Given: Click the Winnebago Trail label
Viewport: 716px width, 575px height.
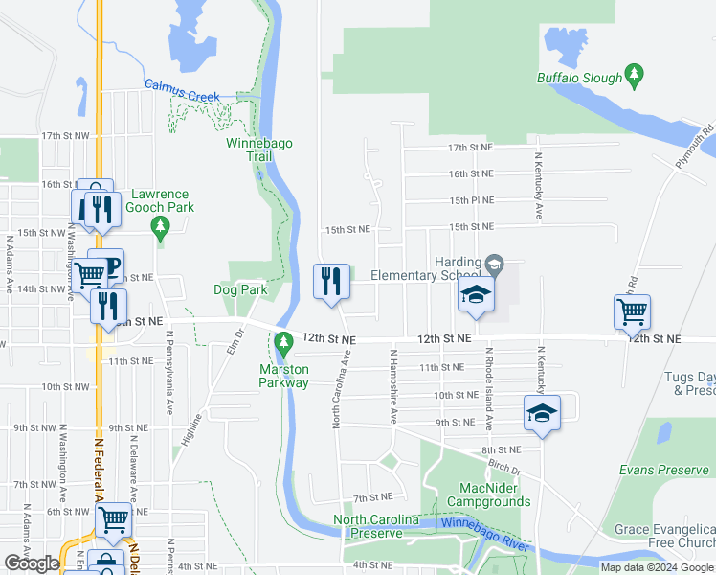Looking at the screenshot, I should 258,149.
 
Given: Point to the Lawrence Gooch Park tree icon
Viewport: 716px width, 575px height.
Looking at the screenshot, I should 161,228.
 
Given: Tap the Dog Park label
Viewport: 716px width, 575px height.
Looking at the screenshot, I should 239,288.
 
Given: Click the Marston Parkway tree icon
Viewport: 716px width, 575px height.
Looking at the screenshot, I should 283,342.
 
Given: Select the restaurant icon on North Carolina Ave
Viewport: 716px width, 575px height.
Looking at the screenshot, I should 331,283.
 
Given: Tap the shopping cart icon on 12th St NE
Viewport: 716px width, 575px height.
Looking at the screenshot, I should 633,311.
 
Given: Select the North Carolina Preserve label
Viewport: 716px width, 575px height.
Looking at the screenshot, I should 375,526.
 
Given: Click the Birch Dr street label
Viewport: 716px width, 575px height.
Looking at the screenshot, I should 503,471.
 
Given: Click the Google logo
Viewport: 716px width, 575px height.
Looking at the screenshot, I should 32,563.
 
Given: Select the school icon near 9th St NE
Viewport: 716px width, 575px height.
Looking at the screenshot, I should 542,412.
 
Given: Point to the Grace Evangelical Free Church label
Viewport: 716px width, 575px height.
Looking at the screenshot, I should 664,537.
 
